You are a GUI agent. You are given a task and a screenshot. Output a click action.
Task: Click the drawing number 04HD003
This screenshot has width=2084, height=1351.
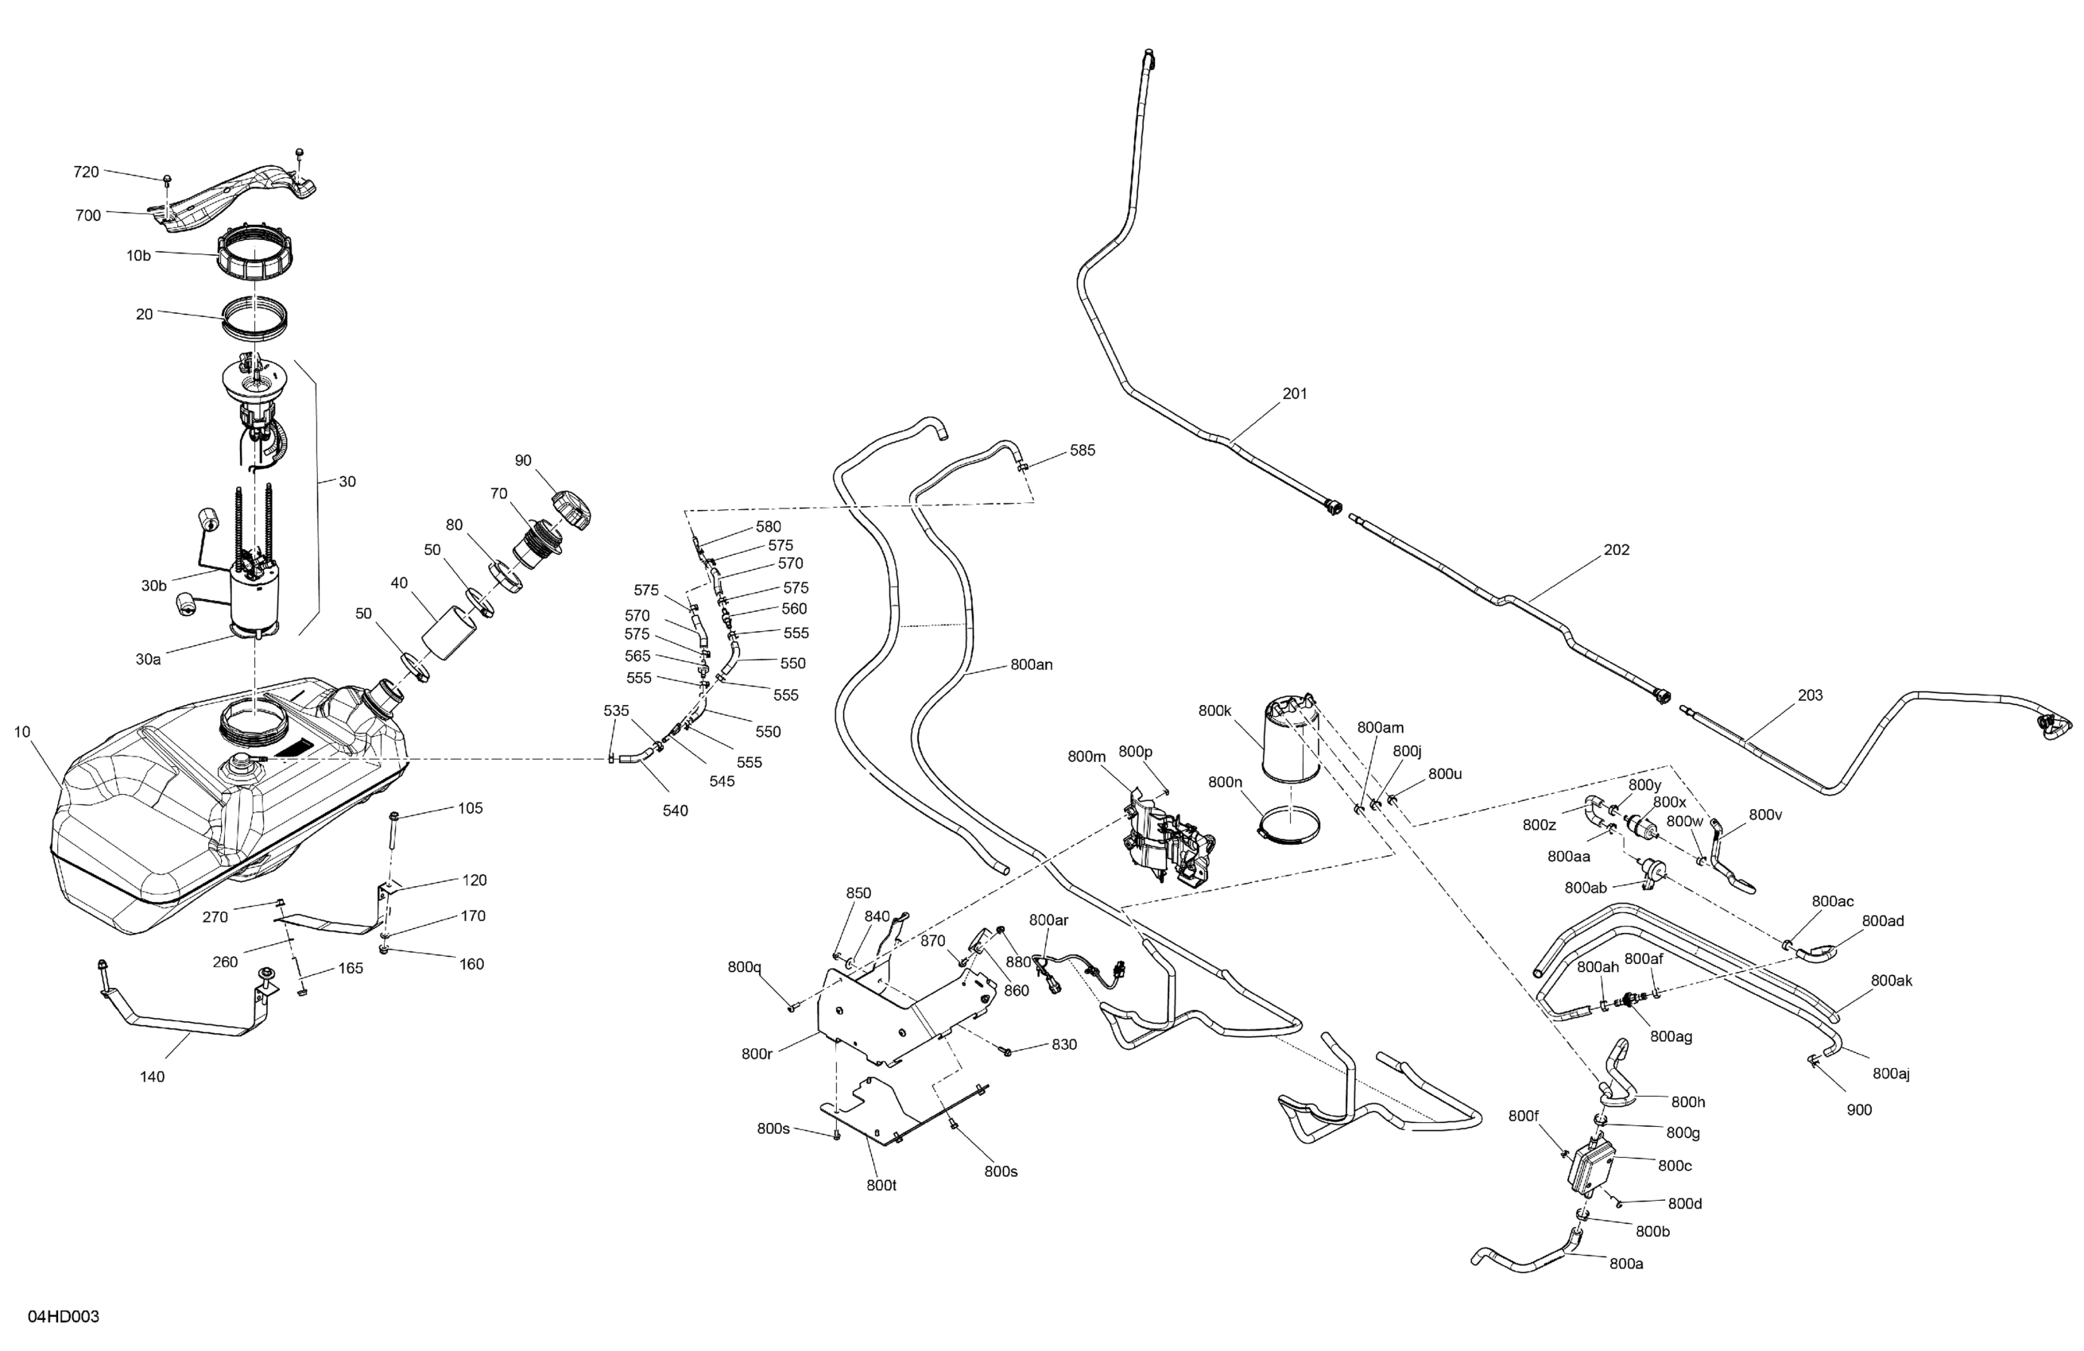click(x=64, y=1317)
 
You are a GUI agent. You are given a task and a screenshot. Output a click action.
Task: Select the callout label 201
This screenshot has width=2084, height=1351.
click(x=1295, y=394)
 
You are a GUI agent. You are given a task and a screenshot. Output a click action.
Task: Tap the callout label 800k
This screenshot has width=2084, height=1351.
click(x=1214, y=711)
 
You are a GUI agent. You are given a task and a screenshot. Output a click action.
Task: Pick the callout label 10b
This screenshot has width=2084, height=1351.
click(x=138, y=256)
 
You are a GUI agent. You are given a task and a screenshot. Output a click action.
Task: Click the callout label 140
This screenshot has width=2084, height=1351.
click(x=153, y=1077)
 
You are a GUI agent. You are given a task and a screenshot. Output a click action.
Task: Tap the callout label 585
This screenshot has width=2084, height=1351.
click(x=1083, y=451)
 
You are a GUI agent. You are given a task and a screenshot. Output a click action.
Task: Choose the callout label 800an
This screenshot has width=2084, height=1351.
click(x=1032, y=664)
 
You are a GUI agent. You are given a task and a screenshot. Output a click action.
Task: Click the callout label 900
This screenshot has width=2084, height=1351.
click(x=1859, y=1110)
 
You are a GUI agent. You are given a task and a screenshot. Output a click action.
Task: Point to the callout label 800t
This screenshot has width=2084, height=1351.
click(x=881, y=1186)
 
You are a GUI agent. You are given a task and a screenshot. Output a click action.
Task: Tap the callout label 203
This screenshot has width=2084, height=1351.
click(x=1810, y=695)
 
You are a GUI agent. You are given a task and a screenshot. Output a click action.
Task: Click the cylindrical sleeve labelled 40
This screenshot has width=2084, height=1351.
click(x=449, y=634)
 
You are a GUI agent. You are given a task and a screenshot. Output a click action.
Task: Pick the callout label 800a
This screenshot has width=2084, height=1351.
click(x=1626, y=1264)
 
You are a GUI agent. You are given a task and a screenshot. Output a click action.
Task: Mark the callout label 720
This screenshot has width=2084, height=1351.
click(x=86, y=172)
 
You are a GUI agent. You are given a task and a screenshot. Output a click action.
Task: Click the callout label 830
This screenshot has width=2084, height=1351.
click(x=1064, y=1044)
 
